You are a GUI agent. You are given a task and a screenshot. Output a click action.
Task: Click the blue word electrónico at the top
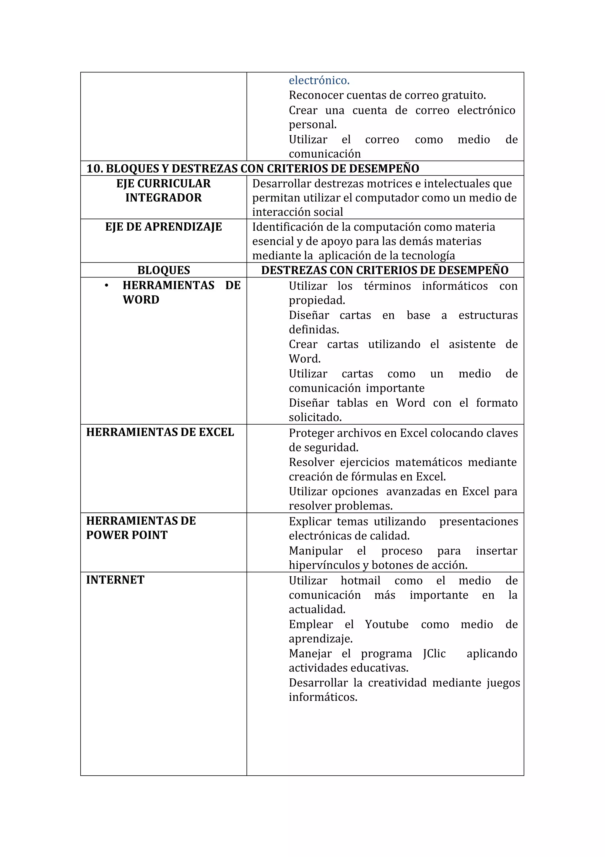pos(319,80)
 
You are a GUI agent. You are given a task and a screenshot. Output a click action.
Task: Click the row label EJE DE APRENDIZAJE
pos(163,227)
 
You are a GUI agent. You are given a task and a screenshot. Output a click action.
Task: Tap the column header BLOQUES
pos(163,270)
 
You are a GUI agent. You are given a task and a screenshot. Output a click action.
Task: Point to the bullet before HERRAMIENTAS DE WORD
pos(107,286)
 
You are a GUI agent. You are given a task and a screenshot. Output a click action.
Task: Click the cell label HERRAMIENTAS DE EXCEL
pos(160,432)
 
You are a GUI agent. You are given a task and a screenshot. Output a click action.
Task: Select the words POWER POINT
pos(127,535)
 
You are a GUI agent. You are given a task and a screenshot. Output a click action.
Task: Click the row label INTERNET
pos(115,580)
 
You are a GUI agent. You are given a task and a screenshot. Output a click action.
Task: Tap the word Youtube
pos(387,625)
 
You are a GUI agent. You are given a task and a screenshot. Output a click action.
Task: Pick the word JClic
pos(434,654)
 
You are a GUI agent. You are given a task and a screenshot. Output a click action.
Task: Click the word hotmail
pos(360,581)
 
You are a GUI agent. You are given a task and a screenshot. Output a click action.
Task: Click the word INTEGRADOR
pos(163,198)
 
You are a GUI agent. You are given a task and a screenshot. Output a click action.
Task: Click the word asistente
pos(472,344)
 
